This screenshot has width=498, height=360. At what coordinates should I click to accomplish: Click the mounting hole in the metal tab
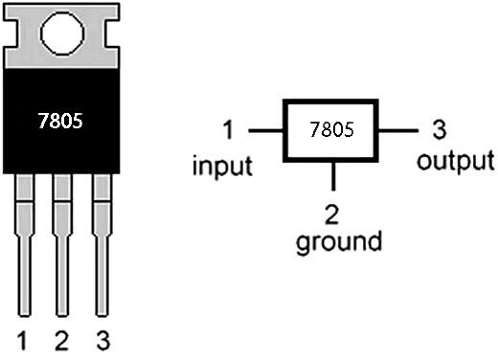click(62, 34)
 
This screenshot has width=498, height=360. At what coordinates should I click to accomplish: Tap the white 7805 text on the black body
click(60, 121)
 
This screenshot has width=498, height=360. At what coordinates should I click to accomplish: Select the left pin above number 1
click(24, 245)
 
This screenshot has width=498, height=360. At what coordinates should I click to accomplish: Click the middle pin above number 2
click(62, 245)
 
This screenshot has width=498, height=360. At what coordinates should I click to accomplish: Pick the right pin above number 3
click(102, 245)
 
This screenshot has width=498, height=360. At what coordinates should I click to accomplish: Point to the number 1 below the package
click(22, 341)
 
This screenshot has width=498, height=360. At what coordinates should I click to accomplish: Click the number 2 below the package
click(61, 341)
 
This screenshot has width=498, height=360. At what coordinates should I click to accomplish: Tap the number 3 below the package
click(102, 341)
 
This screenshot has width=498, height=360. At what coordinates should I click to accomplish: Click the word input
click(222, 166)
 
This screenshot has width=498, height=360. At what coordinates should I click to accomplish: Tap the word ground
click(339, 241)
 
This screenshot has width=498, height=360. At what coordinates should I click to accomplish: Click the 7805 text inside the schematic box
click(331, 129)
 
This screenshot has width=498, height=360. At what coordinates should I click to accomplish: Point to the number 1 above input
click(228, 129)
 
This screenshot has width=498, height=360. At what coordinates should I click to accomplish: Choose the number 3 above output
click(440, 129)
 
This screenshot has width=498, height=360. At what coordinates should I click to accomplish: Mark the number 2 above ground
click(331, 214)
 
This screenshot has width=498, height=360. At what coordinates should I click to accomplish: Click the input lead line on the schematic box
click(266, 130)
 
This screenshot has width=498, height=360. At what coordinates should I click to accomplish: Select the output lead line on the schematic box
click(398, 130)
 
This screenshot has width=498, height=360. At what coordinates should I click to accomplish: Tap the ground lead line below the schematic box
click(333, 176)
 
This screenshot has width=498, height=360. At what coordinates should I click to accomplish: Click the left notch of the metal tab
click(11, 34)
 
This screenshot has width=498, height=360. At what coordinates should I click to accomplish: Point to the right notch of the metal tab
click(112, 34)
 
